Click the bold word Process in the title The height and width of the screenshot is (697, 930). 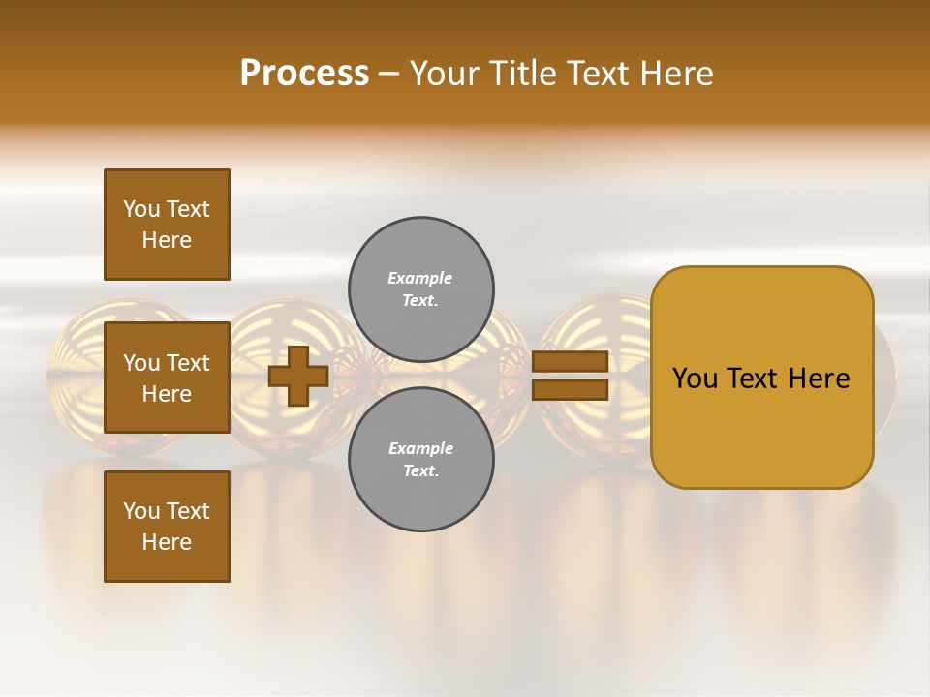pyautogui.click(x=304, y=74)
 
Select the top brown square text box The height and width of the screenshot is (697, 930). pyautogui.click(x=167, y=225)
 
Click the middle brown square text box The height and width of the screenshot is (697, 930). pyautogui.click(x=167, y=378)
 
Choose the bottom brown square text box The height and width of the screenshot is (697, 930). pyautogui.click(x=167, y=526)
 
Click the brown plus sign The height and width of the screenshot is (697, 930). pyautogui.click(x=298, y=376)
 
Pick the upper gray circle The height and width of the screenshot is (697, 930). pyautogui.click(x=421, y=288)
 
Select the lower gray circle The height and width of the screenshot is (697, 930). pyautogui.click(x=421, y=459)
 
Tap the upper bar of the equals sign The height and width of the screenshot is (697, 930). pyautogui.click(x=570, y=361)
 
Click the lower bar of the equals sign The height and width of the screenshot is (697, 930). pyautogui.click(x=570, y=390)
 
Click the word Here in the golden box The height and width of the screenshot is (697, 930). pyautogui.click(x=818, y=379)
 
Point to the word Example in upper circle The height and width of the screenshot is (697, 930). pyautogui.click(x=419, y=278)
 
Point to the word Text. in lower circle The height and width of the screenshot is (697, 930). pyautogui.click(x=420, y=471)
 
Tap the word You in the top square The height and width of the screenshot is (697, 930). pyautogui.click(x=141, y=209)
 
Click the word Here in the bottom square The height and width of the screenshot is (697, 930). pyautogui.click(x=167, y=542)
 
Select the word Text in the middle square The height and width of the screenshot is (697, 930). pyautogui.click(x=188, y=363)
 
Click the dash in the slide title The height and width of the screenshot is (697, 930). pyautogui.click(x=388, y=74)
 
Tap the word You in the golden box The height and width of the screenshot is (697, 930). pyautogui.click(x=695, y=379)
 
